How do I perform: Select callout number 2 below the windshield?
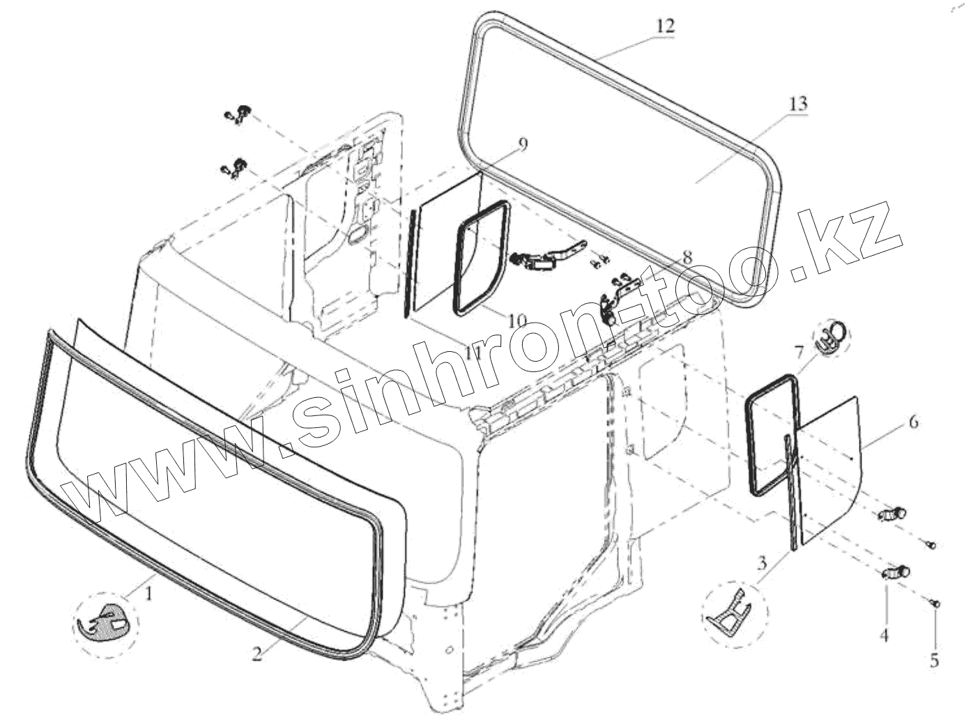257,653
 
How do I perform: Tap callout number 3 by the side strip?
762,562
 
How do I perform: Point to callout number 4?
884,636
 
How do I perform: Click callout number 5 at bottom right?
935,659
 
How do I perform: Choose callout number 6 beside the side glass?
912,422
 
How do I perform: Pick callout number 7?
799,349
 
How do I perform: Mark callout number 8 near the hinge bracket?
687,256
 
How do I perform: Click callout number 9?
523,144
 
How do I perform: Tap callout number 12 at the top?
665,26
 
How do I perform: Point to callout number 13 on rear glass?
798,104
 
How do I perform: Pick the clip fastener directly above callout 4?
894,572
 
